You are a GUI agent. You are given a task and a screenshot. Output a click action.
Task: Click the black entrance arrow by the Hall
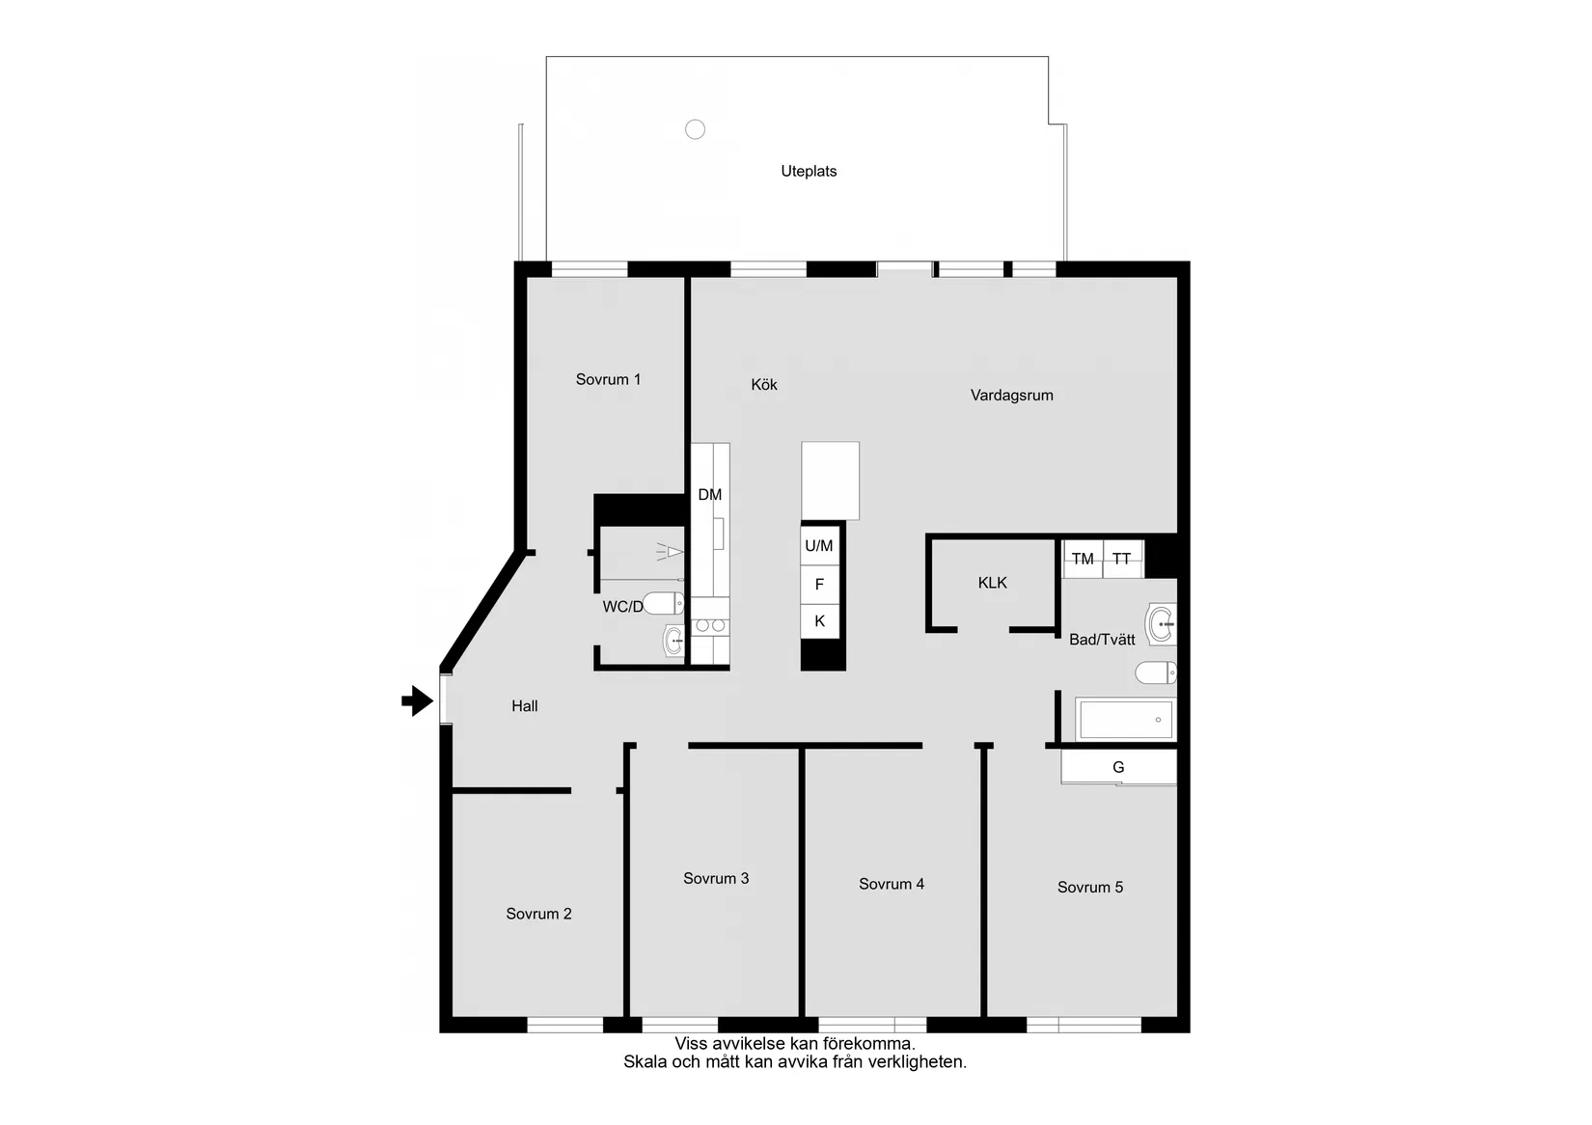[x=417, y=700]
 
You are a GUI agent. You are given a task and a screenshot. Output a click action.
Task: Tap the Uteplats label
[x=809, y=172]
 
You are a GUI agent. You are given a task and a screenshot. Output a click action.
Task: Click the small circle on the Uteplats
[x=695, y=129]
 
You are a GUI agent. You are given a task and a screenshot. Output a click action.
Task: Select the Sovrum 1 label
[x=608, y=380]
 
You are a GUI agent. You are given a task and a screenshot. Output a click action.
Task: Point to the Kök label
[x=764, y=385]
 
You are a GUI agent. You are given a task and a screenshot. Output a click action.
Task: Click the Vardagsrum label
[x=1011, y=396]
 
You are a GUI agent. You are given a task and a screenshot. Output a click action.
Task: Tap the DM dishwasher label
[x=709, y=495]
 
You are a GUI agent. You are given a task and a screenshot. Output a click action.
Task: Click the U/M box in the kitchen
[x=819, y=546]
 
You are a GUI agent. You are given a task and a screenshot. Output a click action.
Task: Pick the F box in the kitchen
[x=819, y=585]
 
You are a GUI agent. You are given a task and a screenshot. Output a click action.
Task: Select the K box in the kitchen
[x=819, y=621]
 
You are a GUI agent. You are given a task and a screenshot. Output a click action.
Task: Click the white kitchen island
[x=830, y=480]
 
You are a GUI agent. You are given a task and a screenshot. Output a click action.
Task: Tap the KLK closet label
[x=992, y=583]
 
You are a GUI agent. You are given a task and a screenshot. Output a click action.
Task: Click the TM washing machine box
[x=1083, y=560]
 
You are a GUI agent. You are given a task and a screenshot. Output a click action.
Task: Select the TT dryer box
[x=1122, y=560]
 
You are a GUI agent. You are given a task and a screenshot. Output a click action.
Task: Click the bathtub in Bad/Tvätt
[x=1125, y=720]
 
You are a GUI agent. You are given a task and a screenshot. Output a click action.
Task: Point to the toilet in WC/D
[x=664, y=604]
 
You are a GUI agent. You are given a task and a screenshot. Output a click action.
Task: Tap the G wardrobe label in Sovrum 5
[x=1118, y=768]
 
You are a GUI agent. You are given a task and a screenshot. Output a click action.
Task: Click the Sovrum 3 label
[x=716, y=879]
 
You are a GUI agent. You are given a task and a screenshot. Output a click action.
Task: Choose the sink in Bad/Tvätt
[x=1161, y=624]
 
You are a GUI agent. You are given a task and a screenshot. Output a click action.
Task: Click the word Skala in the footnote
[x=644, y=1062]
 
